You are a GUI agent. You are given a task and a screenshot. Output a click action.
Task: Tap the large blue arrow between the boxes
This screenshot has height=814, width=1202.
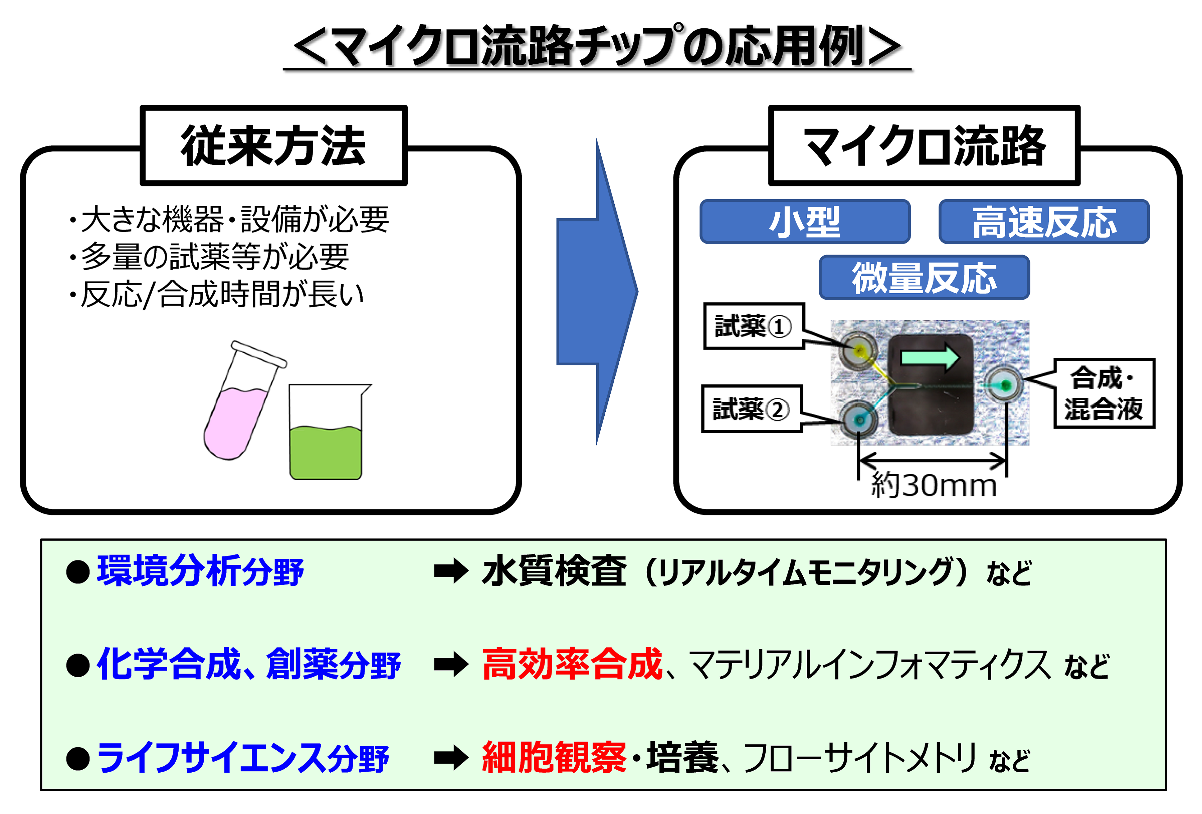(597, 292)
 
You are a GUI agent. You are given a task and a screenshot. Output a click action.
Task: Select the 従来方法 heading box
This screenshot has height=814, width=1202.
(273, 146)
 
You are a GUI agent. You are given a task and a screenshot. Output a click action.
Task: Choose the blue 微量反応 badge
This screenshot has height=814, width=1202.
(924, 278)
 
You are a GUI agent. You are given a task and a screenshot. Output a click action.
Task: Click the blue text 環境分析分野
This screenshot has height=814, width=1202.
(200, 571)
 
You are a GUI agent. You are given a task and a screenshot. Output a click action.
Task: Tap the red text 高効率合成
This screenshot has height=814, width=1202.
(572, 664)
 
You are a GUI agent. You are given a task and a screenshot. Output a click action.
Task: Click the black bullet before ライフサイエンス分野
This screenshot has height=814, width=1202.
(78, 758)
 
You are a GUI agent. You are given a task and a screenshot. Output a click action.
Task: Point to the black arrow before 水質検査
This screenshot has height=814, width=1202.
(451, 571)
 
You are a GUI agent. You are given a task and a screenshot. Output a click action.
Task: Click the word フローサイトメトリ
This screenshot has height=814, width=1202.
(858, 758)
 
